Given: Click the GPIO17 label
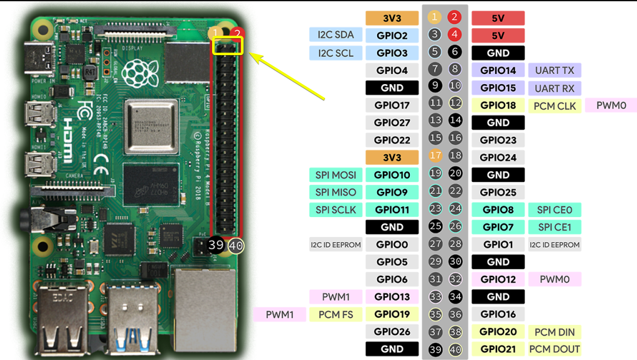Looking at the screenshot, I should click(x=392, y=105).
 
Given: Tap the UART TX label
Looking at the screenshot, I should click(x=554, y=70).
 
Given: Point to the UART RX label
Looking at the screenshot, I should click(x=554, y=88).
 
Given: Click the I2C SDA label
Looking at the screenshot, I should click(x=336, y=35).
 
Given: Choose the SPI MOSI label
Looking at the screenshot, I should click(x=336, y=175).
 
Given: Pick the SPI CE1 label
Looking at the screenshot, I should click(x=554, y=226).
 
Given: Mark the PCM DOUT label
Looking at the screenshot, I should click(x=554, y=349).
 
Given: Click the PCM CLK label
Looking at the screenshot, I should click(x=554, y=105).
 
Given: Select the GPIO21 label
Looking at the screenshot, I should click(x=498, y=349).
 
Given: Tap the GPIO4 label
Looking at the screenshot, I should click(x=392, y=70).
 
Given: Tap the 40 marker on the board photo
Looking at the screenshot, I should click(x=236, y=246).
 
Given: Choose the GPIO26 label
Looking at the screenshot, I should click(x=392, y=331).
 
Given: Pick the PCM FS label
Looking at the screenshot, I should click(x=336, y=314).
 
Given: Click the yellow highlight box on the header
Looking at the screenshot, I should click(x=227, y=46).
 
